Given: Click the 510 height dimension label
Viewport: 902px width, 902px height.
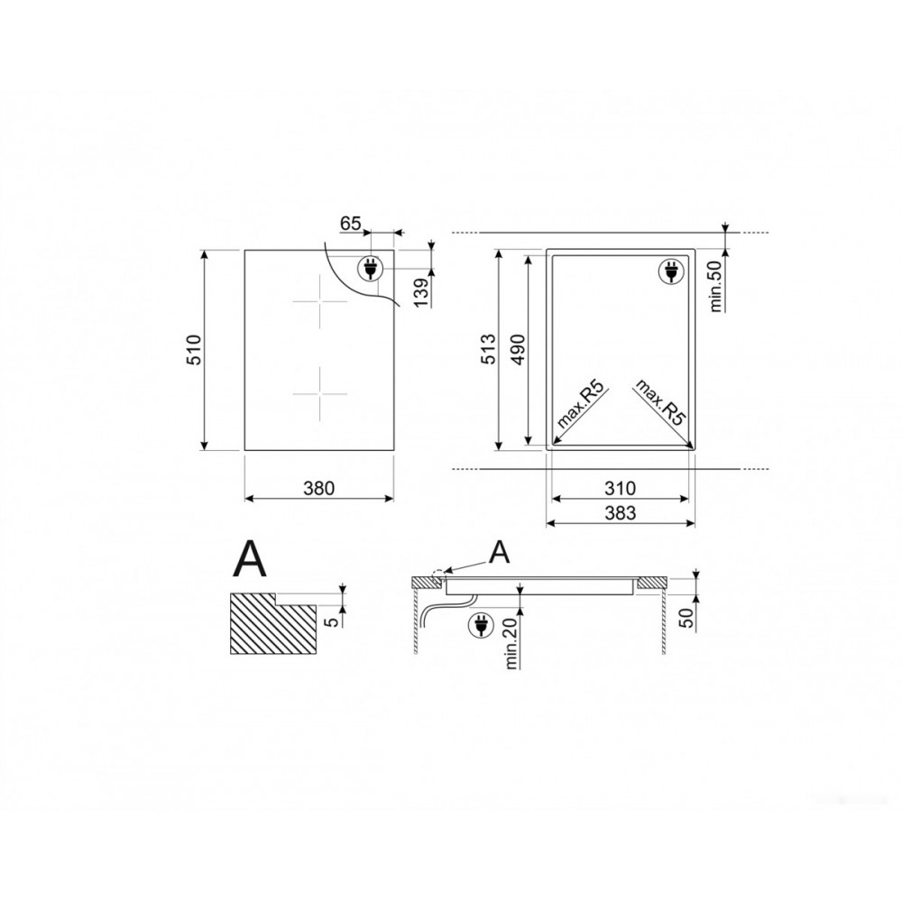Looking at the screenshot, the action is (196, 349).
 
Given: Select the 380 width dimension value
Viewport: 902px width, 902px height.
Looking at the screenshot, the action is (318, 488).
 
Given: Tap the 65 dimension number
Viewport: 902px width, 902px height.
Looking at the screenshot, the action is (350, 223).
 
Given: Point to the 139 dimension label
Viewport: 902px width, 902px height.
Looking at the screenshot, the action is (421, 292).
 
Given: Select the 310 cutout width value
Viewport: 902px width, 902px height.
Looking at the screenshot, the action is (621, 488).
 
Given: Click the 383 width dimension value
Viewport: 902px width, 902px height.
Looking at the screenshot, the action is (621, 512).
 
